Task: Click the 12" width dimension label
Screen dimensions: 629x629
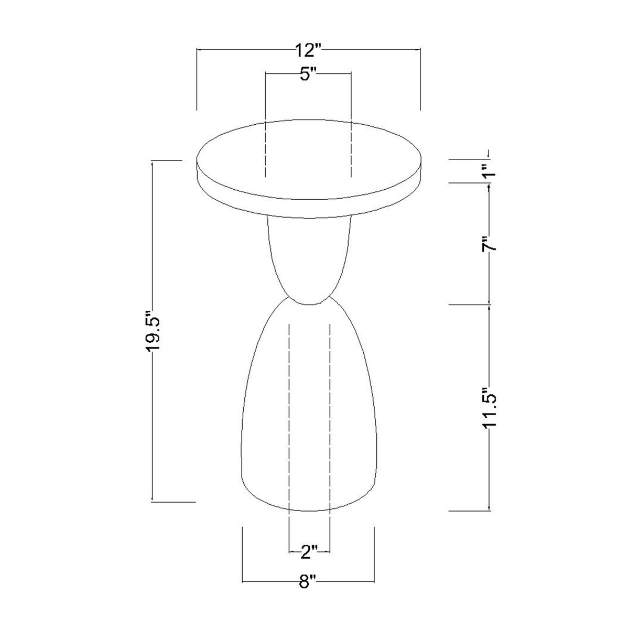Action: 308,50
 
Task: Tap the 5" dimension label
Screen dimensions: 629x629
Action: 308,75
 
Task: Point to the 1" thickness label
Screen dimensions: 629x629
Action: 489,170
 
